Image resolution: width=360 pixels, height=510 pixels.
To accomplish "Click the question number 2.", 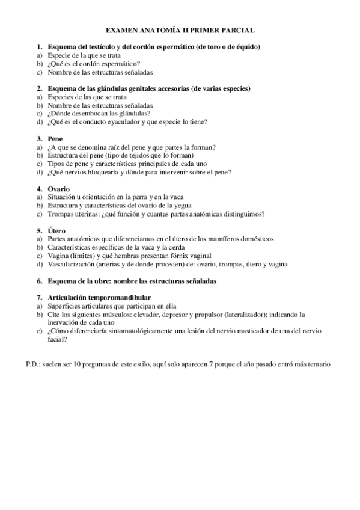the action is point(39,88).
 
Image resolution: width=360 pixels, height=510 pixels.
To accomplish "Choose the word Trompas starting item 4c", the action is point(59,214).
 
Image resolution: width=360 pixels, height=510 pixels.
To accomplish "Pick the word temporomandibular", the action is point(117,298).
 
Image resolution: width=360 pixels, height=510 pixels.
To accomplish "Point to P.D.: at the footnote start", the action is point(35,364).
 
